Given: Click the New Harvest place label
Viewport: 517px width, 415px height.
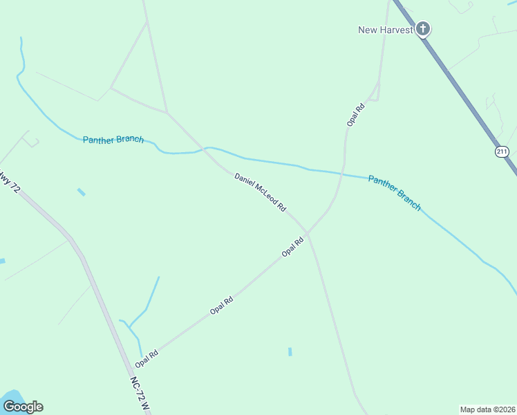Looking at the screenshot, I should [x=385, y=30].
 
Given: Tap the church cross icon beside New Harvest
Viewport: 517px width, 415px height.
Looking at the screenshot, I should [x=423, y=29].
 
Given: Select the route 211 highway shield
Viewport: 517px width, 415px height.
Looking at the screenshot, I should [x=501, y=151].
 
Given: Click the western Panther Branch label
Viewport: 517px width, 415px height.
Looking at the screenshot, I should [x=113, y=140].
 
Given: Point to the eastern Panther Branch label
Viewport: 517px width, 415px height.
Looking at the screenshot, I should [x=394, y=192].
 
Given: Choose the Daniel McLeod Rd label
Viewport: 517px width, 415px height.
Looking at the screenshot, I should [x=260, y=192].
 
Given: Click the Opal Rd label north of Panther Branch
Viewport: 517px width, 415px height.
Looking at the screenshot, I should [x=355, y=114].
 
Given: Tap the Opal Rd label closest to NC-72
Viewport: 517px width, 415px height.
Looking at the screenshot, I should [x=147, y=358].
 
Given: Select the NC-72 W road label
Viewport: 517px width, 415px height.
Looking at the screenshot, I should [x=139, y=394].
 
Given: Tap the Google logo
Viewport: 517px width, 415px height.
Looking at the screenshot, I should [x=23, y=406].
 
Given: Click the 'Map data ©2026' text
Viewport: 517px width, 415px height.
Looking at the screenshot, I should [x=487, y=409].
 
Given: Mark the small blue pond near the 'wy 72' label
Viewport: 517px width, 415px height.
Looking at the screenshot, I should [x=82, y=192].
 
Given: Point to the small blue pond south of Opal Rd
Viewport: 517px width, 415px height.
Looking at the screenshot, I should [x=290, y=351].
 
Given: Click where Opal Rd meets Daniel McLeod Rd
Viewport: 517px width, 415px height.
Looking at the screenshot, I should [x=308, y=234].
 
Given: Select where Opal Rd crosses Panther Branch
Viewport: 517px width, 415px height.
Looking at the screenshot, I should [x=342, y=173].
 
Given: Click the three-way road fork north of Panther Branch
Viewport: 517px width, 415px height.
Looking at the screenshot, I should [x=167, y=112].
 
